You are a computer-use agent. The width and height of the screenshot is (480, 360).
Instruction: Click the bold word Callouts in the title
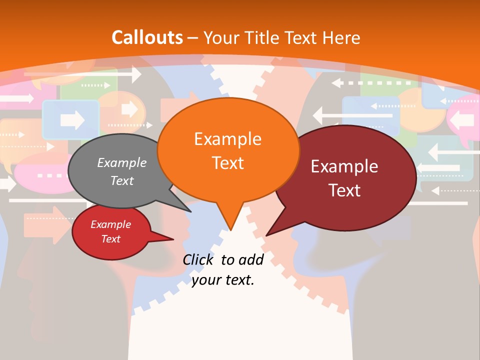click(147, 37)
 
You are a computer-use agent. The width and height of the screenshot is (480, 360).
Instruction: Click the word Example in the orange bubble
click(228, 139)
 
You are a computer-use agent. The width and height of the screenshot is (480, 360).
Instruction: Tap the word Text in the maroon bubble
click(344, 190)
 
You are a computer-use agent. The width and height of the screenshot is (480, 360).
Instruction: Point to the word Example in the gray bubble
click(122, 162)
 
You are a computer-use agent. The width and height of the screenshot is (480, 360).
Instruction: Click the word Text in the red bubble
click(110, 239)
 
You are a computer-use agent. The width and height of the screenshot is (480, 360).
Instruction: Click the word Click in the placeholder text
click(199, 259)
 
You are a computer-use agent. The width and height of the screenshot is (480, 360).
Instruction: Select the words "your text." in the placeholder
click(223, 280)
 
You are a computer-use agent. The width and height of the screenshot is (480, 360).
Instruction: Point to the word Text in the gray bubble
click(122, 180)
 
